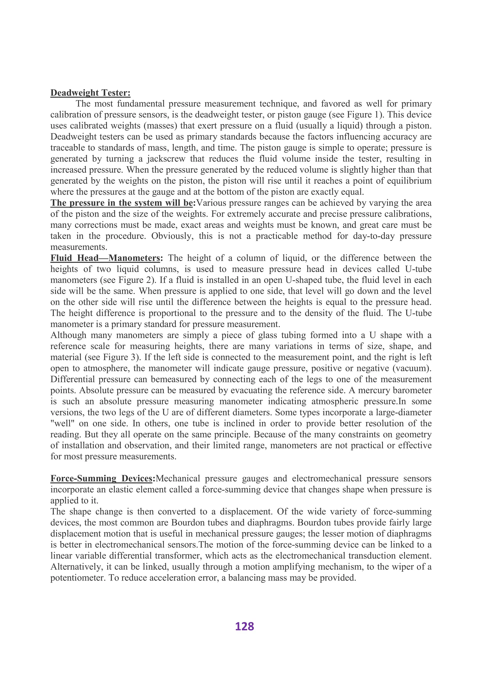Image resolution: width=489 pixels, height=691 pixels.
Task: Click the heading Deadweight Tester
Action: (x=90, y=93)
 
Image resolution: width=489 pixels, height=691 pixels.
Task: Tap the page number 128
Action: (x=244, y=626)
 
